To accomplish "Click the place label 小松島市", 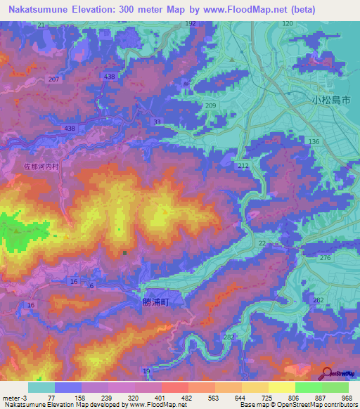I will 330,100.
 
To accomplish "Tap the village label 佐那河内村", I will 39,167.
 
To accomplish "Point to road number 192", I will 190,24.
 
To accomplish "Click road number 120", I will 287,24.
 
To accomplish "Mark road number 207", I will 54,79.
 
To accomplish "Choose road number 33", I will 157,122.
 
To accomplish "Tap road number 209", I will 211,105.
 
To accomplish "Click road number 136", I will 314,142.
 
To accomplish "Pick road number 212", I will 243,166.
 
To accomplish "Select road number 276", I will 326,259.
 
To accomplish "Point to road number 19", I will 146,371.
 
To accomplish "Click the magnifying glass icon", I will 327,373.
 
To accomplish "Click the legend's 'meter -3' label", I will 13,398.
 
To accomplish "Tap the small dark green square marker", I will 125,253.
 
